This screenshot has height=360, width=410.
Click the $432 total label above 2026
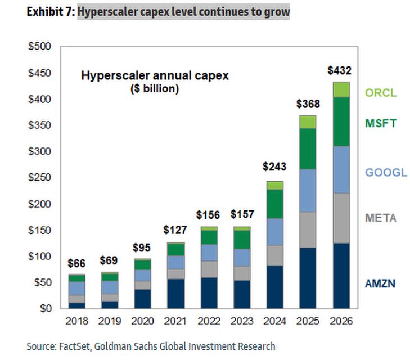click(340, 71)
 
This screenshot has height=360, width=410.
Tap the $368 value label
click(308, 105)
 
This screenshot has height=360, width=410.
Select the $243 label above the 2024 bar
click(275, 166)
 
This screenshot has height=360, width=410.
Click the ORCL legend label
click(381, 93)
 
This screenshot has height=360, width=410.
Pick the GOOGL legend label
click(386, 172)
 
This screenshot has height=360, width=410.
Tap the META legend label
click(381, 218)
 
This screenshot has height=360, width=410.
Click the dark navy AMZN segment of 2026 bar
click(340, 276)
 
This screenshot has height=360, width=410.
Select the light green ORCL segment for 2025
click(308, 122)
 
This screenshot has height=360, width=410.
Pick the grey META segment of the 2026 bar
click(340, 218)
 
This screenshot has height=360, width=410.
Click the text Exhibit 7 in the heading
click(49, 12)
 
